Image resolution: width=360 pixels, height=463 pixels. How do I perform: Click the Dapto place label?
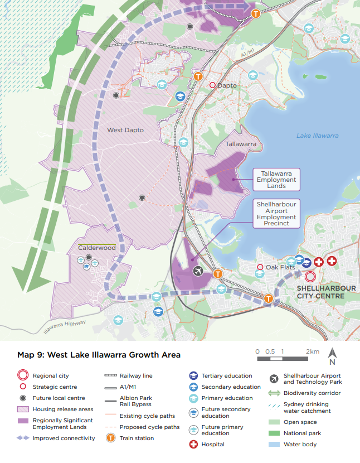pos(227,85)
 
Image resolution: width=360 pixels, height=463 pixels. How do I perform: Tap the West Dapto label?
pos(125,130)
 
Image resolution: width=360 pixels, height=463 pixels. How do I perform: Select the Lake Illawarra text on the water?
pos(317,136)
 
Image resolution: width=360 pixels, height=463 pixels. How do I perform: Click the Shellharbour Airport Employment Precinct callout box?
pos(276,213)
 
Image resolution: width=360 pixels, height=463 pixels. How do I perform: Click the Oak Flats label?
pos(280,267)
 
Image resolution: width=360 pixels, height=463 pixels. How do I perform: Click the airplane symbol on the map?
pos(197,271)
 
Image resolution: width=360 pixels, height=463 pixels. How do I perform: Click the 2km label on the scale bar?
pos(312,351)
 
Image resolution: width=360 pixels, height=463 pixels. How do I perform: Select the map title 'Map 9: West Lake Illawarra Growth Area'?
pos(99,355)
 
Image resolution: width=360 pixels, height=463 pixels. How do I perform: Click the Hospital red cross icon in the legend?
pos(193,445)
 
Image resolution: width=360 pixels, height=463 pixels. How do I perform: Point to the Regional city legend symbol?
pos(23,376)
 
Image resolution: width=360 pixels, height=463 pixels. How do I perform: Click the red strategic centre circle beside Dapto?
pos(212,85)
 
